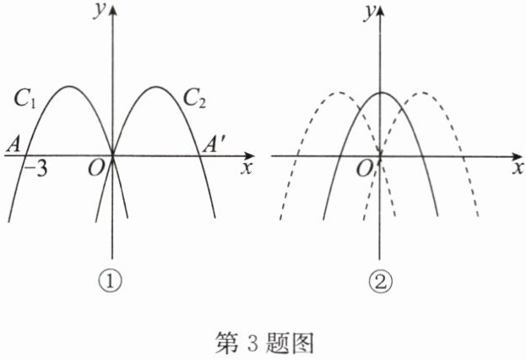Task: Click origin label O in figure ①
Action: pyautogui.click(x=96, y=169)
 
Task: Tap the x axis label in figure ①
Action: pyautogui.click(x=247, y=167)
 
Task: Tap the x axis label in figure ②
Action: pyautogui.click(x=514, y=167)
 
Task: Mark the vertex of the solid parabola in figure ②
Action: pyautogui.click(x=382, y=93)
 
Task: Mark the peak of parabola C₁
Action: pyautogui.click(x=68, y=87)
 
